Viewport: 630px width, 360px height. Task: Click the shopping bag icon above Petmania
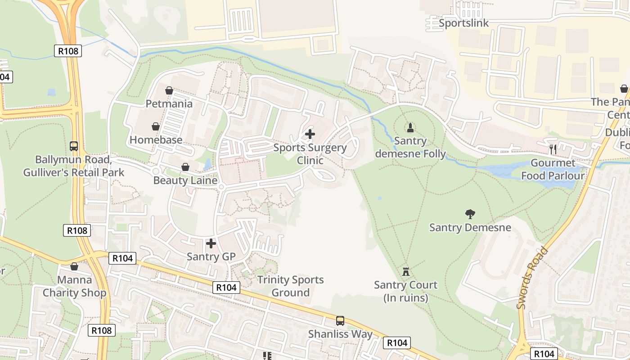click(x=169, y=90)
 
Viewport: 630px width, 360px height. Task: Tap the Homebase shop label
click(x=156, y=140)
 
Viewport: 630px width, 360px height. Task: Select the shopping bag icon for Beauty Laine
click(x=185, y=167)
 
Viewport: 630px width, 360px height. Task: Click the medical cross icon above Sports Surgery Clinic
click(x=310, y=134)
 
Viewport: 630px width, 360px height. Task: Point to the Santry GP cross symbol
click(x=211, y=243)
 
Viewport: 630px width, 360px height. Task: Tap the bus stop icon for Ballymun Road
click(x=74, y=146)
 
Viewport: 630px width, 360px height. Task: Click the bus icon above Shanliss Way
click(x=340, y=321)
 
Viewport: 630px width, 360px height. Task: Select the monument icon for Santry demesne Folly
click(x=410, y=127)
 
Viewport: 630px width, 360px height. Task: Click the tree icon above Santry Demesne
click(x=470, y=214)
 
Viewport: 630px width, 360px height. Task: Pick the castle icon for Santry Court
click(x=406, y=271)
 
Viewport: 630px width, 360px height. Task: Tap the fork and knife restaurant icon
click(x=553, y=149)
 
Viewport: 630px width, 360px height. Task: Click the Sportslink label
click(x=463, y=23)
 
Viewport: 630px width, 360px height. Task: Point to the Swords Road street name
click(x=533, y=278)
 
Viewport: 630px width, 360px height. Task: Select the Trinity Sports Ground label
click(x=290, y=286)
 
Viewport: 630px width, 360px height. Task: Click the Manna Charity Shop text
click(x=74, y=287)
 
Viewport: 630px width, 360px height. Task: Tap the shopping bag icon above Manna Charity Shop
click(x=74, y=267)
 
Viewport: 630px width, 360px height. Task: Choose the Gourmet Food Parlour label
click(x=553, y=169)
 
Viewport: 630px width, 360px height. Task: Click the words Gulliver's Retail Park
click(x=74, y=172)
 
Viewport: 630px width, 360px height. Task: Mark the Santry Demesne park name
click(x=470, y=227)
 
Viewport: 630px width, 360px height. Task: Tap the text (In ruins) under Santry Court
click(x=406, y=298)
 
